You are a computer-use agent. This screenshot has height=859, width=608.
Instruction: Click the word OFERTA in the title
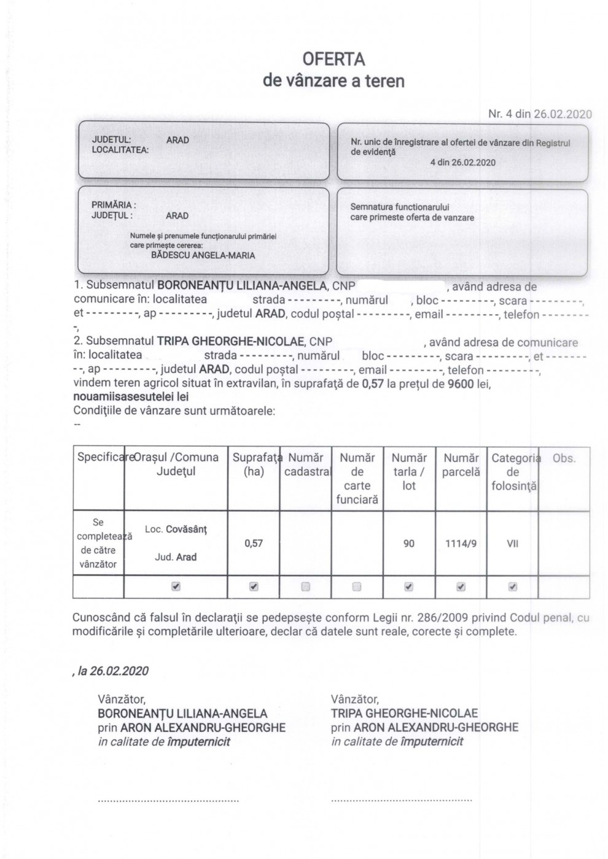333,60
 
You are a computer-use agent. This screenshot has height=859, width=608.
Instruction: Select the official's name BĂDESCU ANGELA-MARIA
203,255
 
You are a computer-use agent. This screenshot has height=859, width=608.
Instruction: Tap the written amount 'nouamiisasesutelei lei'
131,397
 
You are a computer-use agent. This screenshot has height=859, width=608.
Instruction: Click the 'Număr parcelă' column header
461,465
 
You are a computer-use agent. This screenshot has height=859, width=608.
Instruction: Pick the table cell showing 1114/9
461,544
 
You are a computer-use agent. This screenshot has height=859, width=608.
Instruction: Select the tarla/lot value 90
409,544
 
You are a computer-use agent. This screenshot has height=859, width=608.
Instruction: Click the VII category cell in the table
512,544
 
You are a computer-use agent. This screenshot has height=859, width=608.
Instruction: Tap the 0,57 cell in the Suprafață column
254,544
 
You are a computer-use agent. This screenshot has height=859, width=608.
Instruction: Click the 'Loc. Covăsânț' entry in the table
176,530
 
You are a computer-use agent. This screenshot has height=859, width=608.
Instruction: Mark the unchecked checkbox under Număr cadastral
306,587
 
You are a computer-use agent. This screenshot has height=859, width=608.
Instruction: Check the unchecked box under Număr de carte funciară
357,587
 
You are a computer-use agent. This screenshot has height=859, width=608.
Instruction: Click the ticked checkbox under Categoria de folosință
513,587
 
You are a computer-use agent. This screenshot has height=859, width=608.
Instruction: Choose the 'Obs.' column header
564,458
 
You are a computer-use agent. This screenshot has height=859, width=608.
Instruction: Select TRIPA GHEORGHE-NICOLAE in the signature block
404,714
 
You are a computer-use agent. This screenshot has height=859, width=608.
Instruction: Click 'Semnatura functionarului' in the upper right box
399,207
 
